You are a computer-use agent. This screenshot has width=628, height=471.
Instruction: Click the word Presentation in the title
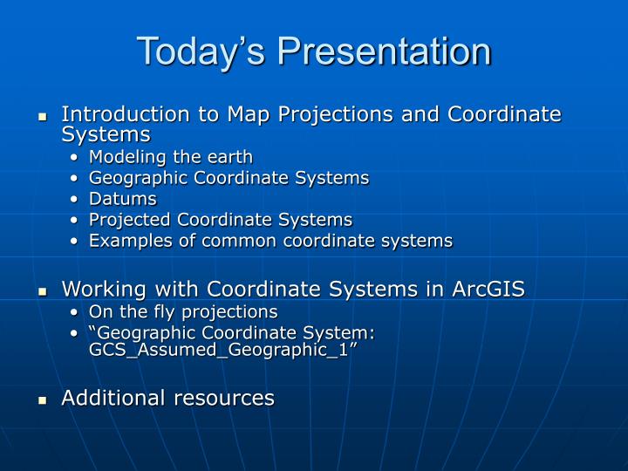(x=385, y=51)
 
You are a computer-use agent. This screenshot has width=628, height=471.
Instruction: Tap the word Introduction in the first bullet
(x=116, y=114)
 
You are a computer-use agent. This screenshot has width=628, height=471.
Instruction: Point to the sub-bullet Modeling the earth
(x=171, y=157)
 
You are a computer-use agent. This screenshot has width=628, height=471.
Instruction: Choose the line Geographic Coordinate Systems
(x=229, y=178)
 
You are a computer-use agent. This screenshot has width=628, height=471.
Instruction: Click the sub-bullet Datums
(x=123, y=199)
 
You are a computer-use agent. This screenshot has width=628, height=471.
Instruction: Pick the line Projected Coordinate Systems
(x=221, y=220)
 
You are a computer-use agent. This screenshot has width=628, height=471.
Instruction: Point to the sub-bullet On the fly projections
(x=183, y=311)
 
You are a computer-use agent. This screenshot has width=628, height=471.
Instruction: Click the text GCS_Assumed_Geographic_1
(x=219, y=349)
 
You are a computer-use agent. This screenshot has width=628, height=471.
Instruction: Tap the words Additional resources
(x=167, y=398)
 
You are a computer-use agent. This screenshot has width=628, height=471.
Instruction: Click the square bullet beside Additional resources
(x=41, y=400)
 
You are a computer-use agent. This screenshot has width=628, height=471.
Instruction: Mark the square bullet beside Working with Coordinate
(x=41, y=291)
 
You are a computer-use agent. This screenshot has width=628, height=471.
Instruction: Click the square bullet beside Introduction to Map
(x=41, y=117)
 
